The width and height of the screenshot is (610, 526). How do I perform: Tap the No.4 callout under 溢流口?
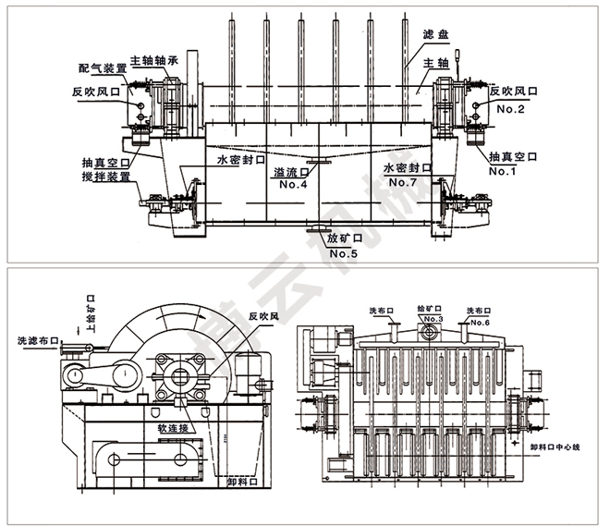pos(294,184)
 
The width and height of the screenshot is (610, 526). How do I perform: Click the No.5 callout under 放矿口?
pos(343,252)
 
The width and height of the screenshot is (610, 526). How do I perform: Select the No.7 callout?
pos(403,183)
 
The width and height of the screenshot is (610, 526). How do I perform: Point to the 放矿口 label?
pos(343,239)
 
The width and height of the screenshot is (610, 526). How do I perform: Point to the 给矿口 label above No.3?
pos(431,307)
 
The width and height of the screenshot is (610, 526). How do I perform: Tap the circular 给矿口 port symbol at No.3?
pos(428,332)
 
